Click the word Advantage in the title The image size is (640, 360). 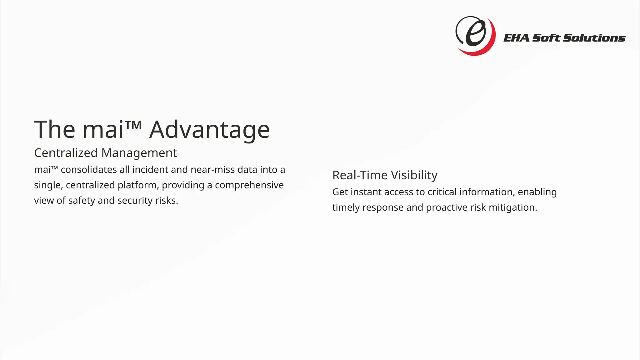[209, 130]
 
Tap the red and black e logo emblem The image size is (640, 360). [475, 36]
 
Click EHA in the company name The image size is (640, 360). [517, 38]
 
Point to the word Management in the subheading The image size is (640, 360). [139, 153]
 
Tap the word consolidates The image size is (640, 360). [89, 170]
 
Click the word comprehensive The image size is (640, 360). [249, 185]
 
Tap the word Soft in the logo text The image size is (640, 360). [547, 38]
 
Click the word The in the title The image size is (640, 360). [54, 130]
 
